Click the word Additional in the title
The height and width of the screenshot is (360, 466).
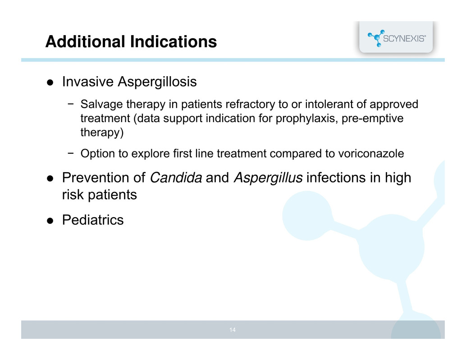tap(85, 41)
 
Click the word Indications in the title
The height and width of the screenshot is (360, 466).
tap(174, 41)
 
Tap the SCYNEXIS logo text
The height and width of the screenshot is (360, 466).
tap(404, 39)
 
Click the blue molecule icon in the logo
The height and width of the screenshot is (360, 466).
tap(376, 38)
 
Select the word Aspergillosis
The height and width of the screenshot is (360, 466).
tap(157, 82)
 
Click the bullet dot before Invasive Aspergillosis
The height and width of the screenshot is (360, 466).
tap(50, 82)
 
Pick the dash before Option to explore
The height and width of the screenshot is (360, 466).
tap(70, 154)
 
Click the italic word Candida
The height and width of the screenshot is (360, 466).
tap(176, 178)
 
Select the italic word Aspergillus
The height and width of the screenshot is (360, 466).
tap(268, 178)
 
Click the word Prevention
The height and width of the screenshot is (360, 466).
tap(96, 178)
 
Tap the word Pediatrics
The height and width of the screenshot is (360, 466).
tap(93, 220)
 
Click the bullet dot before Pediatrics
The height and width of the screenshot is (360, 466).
tap(50, 221)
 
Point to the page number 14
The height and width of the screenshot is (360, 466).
tap(233, 330)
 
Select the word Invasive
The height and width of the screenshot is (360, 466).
tap(88, 82)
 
